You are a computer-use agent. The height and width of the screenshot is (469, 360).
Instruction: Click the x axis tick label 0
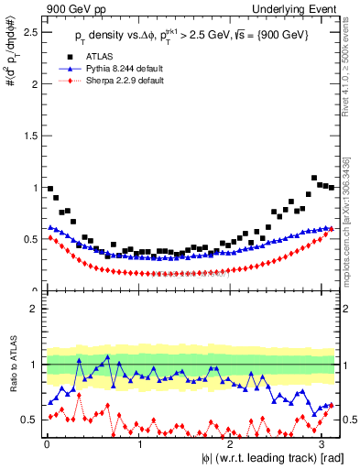click(x=47, y=443)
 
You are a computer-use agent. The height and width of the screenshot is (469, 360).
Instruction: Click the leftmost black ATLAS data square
click(x=49, y=189)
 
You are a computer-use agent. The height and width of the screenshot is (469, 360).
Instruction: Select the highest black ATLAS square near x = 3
click(x=314, y=178)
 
